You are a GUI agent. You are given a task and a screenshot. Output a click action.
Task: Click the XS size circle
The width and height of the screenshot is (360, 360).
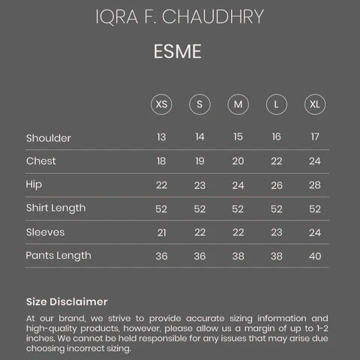[x=161, y=103]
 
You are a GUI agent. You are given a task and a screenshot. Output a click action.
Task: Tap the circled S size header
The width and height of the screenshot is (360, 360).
[x=199, y=103]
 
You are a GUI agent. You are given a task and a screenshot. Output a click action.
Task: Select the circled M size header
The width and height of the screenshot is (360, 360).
[x=238, y=103]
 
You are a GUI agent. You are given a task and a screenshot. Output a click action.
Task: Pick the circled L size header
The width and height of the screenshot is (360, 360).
[x=276, y=103]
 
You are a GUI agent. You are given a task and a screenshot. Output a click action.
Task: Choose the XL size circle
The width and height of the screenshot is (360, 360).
[x=314, y=103]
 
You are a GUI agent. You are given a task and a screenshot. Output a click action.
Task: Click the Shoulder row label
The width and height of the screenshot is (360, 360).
[x=48, y=138]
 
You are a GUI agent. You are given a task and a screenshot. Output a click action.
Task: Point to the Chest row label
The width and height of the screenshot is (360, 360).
[x=40, y=161]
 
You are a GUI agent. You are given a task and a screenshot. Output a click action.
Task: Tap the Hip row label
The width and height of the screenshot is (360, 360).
[x=34, y=184]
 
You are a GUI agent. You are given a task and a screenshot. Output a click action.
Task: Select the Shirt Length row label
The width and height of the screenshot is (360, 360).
[x=55, y=208]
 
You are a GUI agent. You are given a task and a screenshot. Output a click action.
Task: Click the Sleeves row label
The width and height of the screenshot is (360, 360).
[x=45, y=232]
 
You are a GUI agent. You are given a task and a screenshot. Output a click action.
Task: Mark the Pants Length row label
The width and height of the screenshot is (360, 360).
[x=58, y=255]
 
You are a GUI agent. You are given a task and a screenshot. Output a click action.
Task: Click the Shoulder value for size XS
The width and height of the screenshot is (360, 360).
[x=161, y=137]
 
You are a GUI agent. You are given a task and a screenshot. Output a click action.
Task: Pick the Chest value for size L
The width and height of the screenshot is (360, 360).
[x=276, y=161]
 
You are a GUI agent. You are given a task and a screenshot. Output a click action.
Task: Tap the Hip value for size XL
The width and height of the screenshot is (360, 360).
[x=314, y=185]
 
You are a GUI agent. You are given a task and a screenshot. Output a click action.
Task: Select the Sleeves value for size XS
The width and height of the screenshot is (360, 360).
[x=161, y=232]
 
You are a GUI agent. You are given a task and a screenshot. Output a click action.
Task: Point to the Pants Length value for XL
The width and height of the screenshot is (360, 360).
[x=314, y=256]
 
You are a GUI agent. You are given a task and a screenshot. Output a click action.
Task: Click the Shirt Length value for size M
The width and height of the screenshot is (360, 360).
[x=238, y=208]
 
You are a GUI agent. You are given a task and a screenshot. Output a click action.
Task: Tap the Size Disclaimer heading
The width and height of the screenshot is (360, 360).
[x=67, y=301]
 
